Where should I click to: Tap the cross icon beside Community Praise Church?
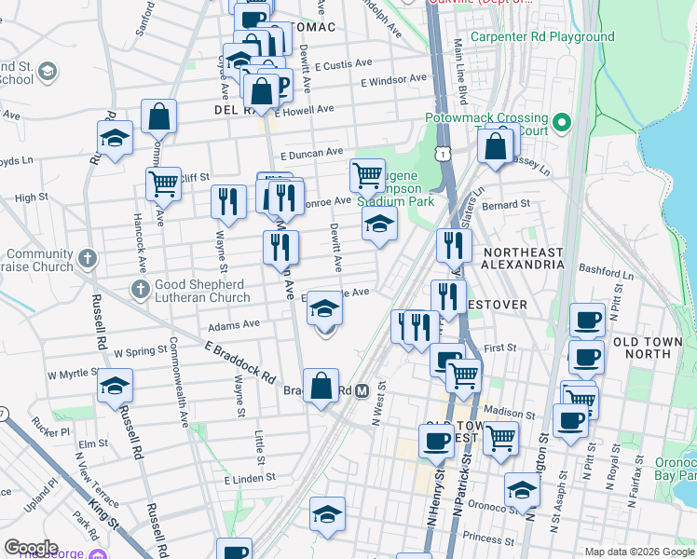click(x=89, y=257)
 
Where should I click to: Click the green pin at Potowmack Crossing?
click(x=561, y=122)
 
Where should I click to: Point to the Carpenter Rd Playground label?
click(x=542, y=37)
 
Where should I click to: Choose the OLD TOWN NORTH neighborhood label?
click(x=654, y=348)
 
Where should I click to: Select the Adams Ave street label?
click(x=234, y=326)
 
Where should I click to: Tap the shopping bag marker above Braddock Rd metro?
click(x=321, y=387)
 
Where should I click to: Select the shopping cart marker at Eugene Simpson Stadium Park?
click(x=367, y=174)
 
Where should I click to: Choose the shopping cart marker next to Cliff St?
click(x=164, y=184)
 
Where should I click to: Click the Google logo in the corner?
click(x=31, y=548)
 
